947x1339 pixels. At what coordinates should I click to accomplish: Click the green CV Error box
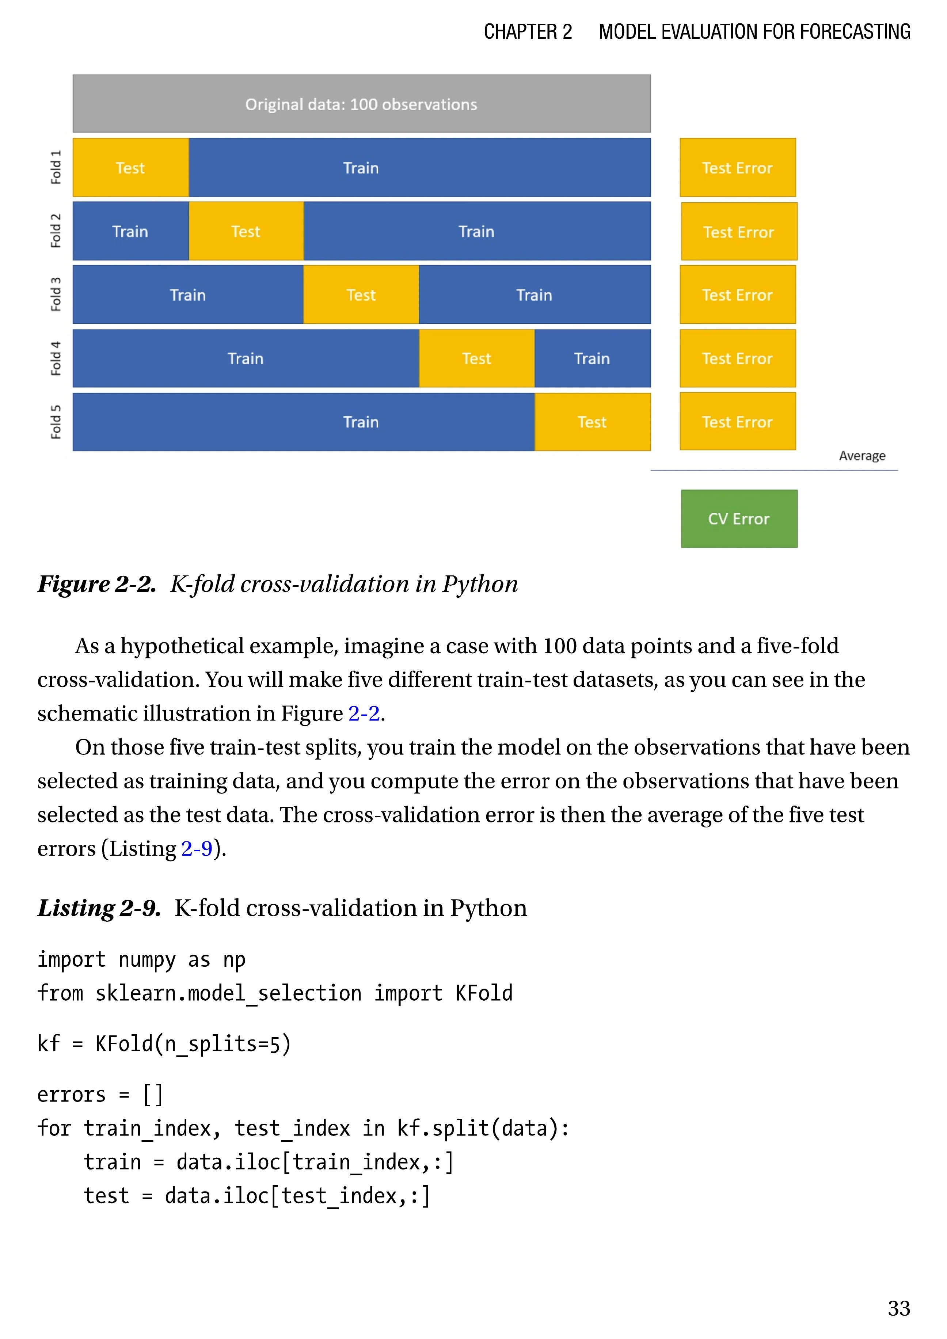click(739, 518)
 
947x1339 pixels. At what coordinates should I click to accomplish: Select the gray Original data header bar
click(362, 104)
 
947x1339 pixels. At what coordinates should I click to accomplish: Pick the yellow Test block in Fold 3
click(361, 294)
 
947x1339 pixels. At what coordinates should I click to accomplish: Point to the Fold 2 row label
click(56, 231)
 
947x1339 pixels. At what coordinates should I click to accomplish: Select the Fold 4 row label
click(56, 358)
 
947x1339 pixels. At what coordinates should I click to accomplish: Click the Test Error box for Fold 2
click(739, 232)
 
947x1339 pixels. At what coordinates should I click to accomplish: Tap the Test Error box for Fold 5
click(738, 422)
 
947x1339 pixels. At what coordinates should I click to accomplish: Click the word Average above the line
click(862, 456)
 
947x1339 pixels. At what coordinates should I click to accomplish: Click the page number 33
click(899, 1308)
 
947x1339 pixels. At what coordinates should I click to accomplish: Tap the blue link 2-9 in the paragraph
click(197, 849)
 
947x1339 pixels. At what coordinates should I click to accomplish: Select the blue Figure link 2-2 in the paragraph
click(364, 713)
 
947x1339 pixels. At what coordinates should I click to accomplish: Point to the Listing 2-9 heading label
click(99, 908)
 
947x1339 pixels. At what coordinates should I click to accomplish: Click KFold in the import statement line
click(483, 993)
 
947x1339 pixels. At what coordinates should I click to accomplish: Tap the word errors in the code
click(71, 1095)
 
